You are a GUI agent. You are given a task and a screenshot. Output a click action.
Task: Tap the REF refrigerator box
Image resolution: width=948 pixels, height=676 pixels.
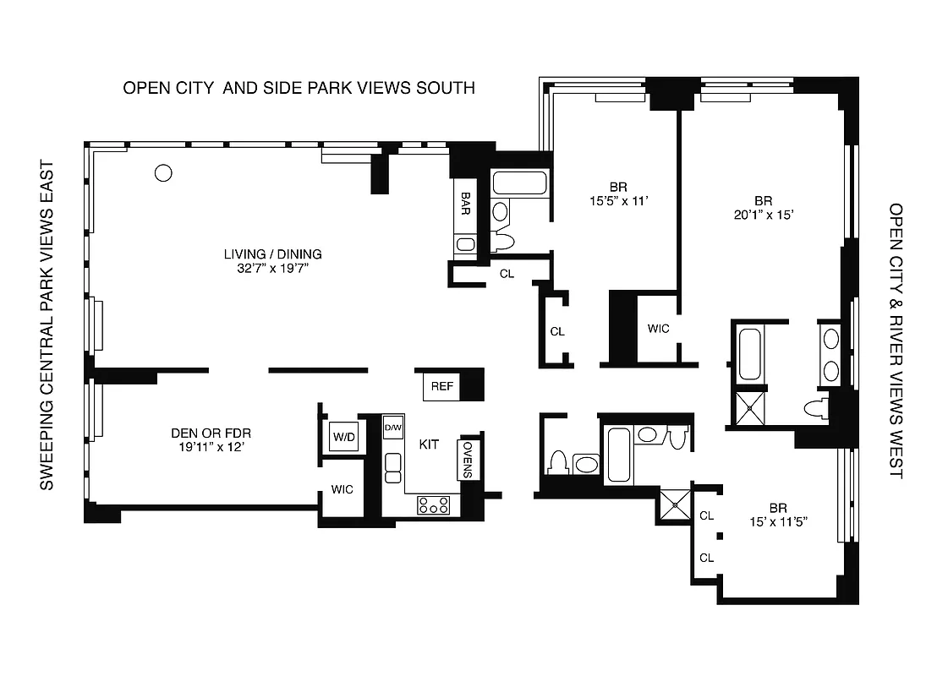point(442,386)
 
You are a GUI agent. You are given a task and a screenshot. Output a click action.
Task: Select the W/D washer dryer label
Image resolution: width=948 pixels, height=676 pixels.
point(343,437)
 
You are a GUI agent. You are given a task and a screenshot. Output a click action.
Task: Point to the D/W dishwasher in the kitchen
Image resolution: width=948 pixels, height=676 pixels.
point(393,428)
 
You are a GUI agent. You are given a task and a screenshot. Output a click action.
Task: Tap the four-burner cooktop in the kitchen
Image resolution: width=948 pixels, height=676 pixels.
point(434,505)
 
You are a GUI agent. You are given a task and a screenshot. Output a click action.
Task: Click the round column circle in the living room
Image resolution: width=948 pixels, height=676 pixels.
point(164,173)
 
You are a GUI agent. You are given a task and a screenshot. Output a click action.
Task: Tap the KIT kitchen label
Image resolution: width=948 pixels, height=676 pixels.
point(429,444)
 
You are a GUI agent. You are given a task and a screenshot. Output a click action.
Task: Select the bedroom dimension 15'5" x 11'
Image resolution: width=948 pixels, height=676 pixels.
point(617,201)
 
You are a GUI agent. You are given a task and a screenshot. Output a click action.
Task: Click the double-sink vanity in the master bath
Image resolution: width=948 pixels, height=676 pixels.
point(831,355)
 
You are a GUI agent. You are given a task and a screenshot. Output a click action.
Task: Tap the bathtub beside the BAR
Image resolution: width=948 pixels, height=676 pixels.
point(519,184)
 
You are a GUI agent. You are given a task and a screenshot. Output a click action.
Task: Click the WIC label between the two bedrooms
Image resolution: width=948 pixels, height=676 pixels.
point(658,328)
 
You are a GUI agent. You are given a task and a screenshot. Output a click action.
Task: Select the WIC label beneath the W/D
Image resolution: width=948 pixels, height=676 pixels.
point(342,489)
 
